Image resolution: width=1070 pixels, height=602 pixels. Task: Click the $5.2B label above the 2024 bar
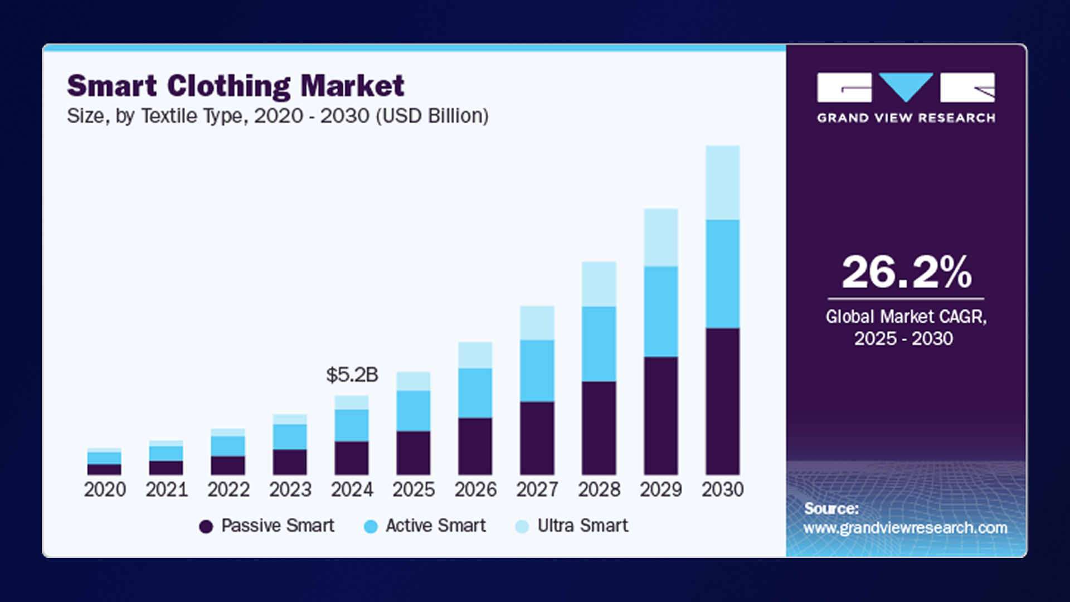[352, 375]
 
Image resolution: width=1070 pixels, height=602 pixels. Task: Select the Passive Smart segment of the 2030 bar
[722, 401]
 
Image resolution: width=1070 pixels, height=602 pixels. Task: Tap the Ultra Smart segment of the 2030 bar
[722, 182]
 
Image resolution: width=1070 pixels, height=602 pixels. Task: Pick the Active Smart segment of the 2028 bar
[599, 343]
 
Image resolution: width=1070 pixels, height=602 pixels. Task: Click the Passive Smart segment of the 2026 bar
[475, 446]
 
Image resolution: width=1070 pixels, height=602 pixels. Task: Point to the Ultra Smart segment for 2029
[660, 237]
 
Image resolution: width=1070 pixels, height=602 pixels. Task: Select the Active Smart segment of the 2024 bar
[351, 425]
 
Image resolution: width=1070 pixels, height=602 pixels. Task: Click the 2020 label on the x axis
[105, 489]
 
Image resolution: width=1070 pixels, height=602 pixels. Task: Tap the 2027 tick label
[537, 489]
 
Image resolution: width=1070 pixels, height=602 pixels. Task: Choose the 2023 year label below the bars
[290, 489]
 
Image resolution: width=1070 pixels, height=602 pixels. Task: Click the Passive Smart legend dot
[206, 526]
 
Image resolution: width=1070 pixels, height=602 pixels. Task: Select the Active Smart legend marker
[370, 526]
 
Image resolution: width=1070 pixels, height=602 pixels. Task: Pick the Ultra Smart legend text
[582, 526]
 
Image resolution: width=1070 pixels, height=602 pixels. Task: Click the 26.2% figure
[906, 273]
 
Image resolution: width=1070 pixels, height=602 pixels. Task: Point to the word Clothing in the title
[228, 86]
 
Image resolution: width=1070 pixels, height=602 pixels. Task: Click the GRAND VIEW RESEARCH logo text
[906, 118]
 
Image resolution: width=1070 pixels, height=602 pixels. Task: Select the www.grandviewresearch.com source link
[905, 527]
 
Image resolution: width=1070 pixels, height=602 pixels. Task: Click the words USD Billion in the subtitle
[432, 116]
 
